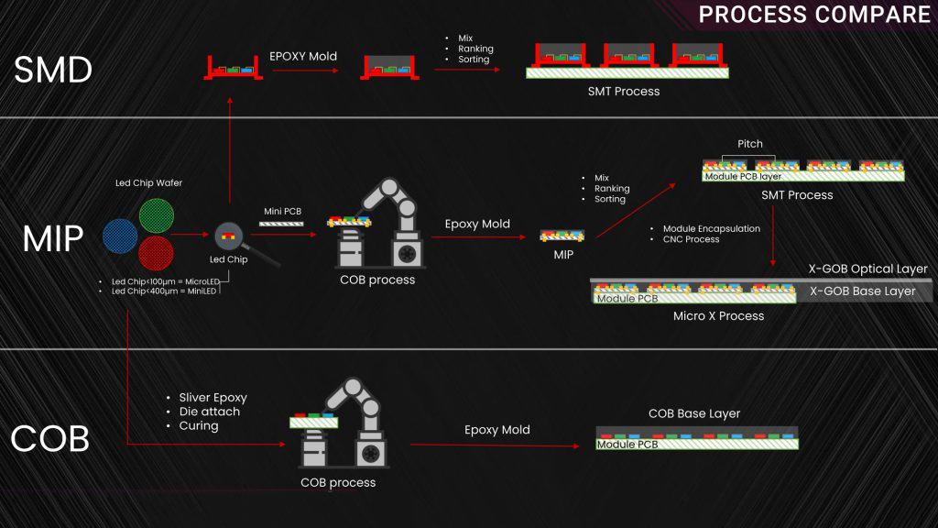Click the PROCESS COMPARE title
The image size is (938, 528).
pos(814,15)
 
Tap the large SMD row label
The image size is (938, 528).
pos(53,71)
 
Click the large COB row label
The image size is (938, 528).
pos(49,439)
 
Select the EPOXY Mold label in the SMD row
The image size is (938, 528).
pos(303,56)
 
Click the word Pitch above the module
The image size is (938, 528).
pos(750,144)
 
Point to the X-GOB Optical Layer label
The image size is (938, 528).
pos(867,269)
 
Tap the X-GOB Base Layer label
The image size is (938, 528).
pos(862,291)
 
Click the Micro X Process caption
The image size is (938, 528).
pos(718,316)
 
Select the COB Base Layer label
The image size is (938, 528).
pos(693,413)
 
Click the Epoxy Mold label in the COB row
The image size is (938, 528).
pos(496,430)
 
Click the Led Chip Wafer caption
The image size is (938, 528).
pos(148,183)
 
